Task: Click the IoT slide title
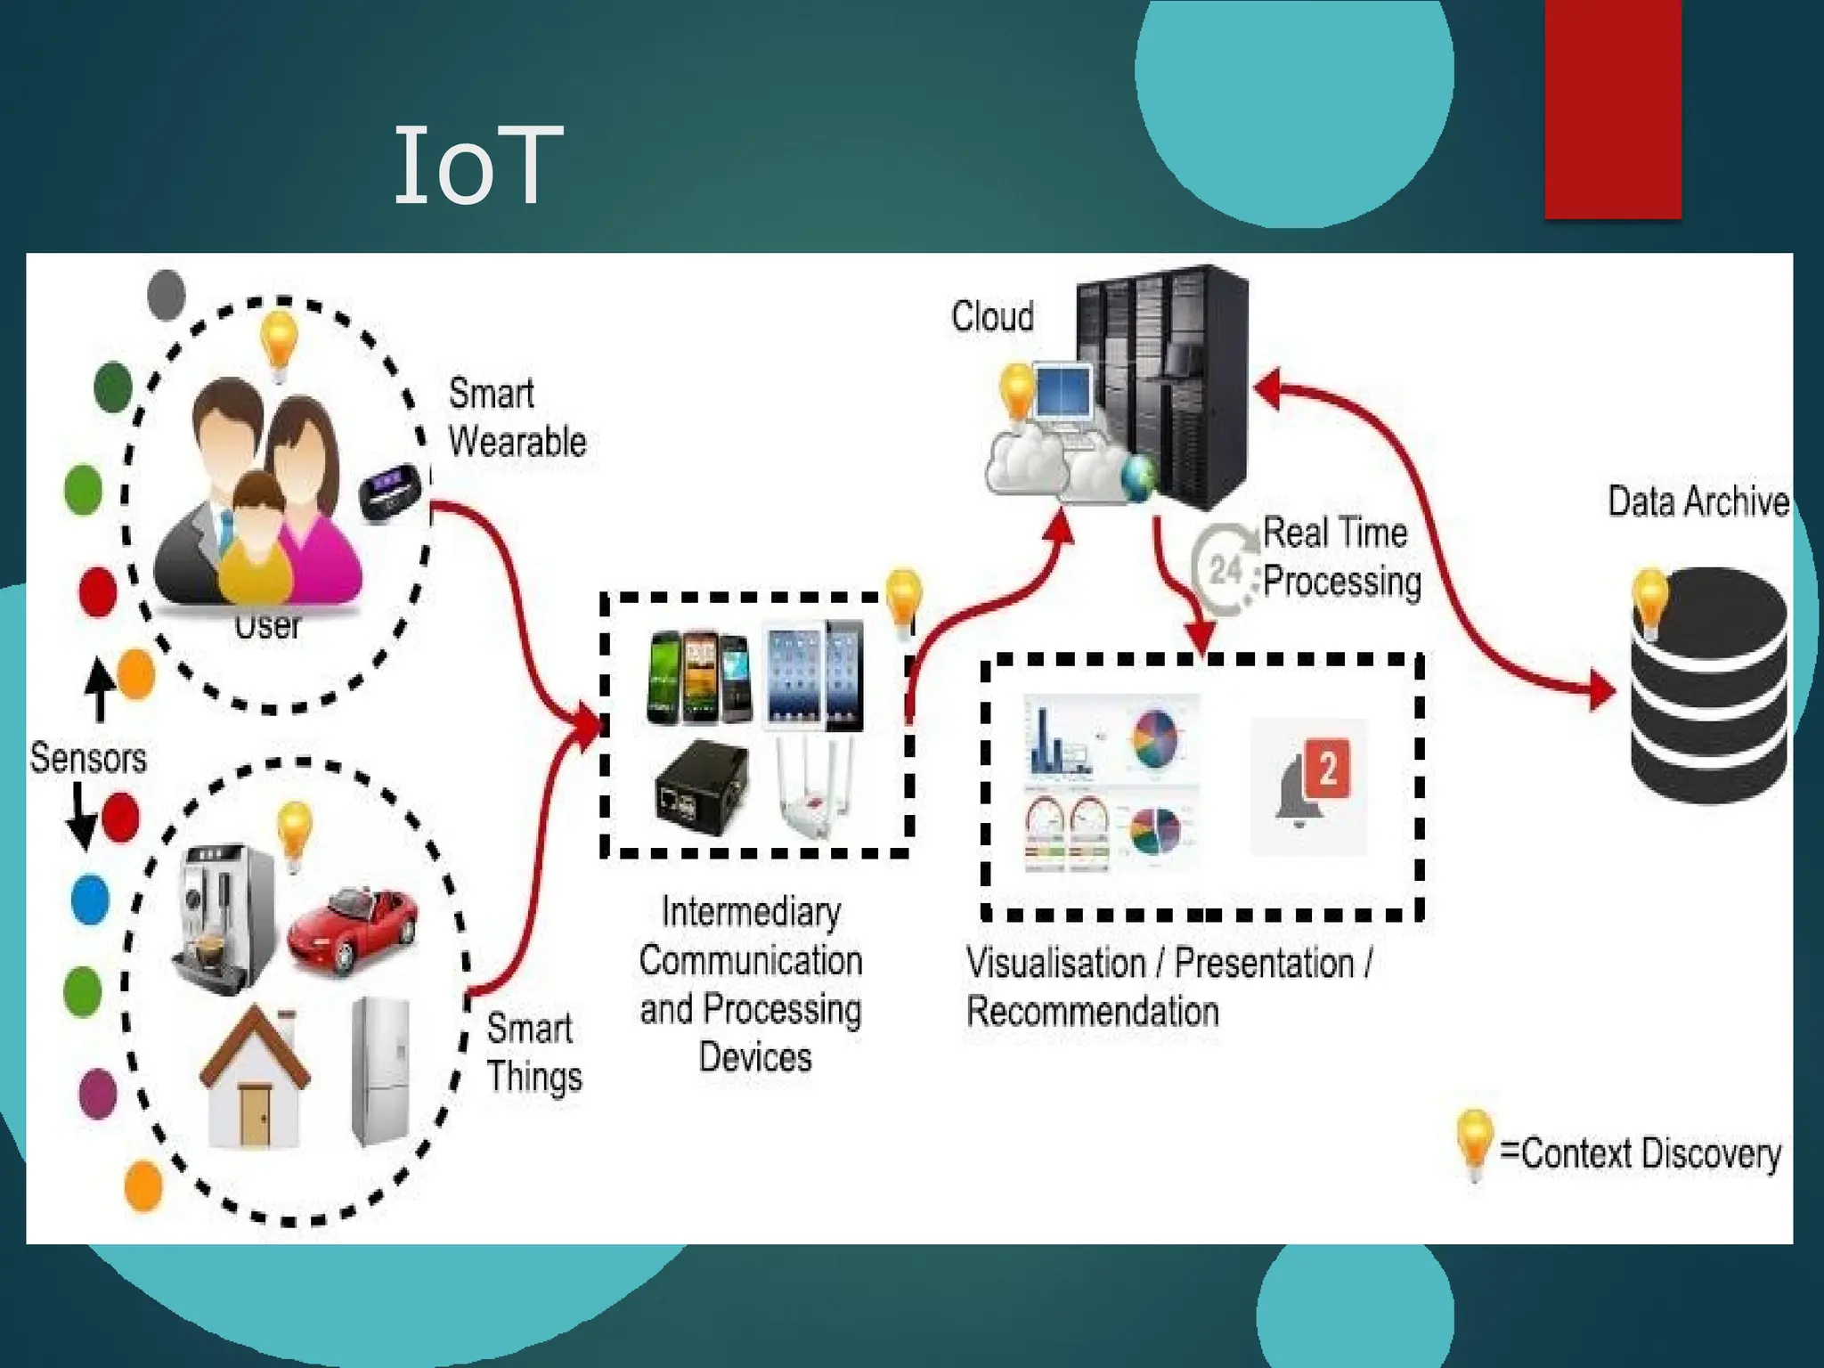pyautogui.click(x=478, y=166)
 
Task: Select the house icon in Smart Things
pyautogui.click(x=255, y=1078)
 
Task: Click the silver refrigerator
pyautogui.click(x=381, y=1071)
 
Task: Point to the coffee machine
pyautogui.click(x=223, y=917)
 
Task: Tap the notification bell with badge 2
pyautogui.click(x=1309, y=784)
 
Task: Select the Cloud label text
pyautogui.click(x=992, y=317)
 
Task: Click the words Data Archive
pyautogui.click(x=1698, y=502)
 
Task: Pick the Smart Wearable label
pyautogui.click(x=517, y=418)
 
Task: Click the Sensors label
pyautogui.click(x=87, y=758)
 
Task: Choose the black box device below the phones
pyautogui.click(x=702, y=786)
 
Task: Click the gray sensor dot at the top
pyautogui.click(x=166, y=294)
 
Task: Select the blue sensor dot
pyautogui.click(x=90, y=900)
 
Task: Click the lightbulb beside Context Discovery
pyautogui.click(x=1474, y=1144)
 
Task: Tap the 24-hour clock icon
pyautogui.click(x=1226, y=568)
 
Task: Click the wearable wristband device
pyautogui.click(x=389, y=492)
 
